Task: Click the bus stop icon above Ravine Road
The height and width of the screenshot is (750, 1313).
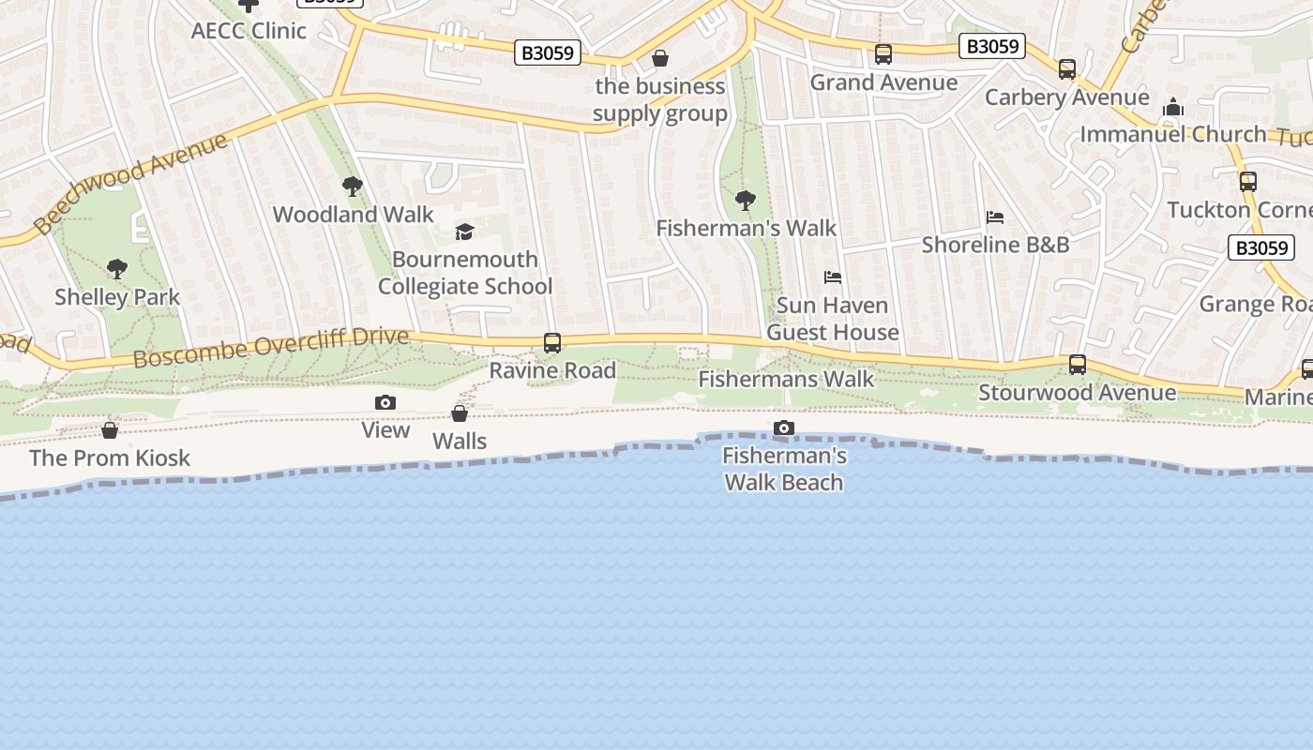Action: pyautogui.click(x=552, y=343)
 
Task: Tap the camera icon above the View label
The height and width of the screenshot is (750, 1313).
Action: pyautogui.click(x=385, y=403)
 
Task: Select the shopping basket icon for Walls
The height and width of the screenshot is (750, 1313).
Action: pyautogui.click(x=460, y=413)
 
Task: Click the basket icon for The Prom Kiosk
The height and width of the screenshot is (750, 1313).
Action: pyautogui.click(x=110, y=430)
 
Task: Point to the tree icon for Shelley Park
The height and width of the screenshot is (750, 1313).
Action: pyautogui.click(x=117, y=270)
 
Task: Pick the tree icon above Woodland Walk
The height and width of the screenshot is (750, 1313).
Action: pyautogui.click(x=353, y=187)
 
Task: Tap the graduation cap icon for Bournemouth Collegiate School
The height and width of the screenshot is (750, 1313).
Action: pyautogui.click(x=464, y=232)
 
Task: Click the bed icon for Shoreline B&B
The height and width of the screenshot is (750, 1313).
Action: pyautogui.click(x=995, y=217)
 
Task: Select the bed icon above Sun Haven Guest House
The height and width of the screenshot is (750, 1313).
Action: pyautogui.click(x=833, y=277)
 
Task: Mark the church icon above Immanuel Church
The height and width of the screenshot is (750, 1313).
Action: pyautogui.click(x=1173, y=108)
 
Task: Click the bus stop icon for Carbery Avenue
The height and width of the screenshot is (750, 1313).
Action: pyautogui.click(x=1067, y=69)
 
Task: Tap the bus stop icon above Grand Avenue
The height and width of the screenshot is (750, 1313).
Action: pyautogui.click(x=883, y=54)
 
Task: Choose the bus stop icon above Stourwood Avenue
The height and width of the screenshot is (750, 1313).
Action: pyautogui.click(x=1078, y=364)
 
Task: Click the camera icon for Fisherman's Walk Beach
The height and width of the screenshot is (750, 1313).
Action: pyautogui.click(x=784, y=428)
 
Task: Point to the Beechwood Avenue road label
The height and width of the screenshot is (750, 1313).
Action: pyautogui.click(x=131, y=182)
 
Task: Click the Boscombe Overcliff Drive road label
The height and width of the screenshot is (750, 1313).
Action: pyautogui.click(x=271, y=348)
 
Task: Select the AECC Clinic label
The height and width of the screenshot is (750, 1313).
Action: pyautogui.click(x=249, y=30)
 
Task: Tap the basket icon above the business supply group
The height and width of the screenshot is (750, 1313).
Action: pyautogui.click(x=660, y=59)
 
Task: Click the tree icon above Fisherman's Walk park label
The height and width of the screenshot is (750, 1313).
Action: pyautogui.click(x=746, y=200)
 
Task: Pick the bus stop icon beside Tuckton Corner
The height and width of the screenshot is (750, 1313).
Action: pyautogui.click(x=1248, y=182)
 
